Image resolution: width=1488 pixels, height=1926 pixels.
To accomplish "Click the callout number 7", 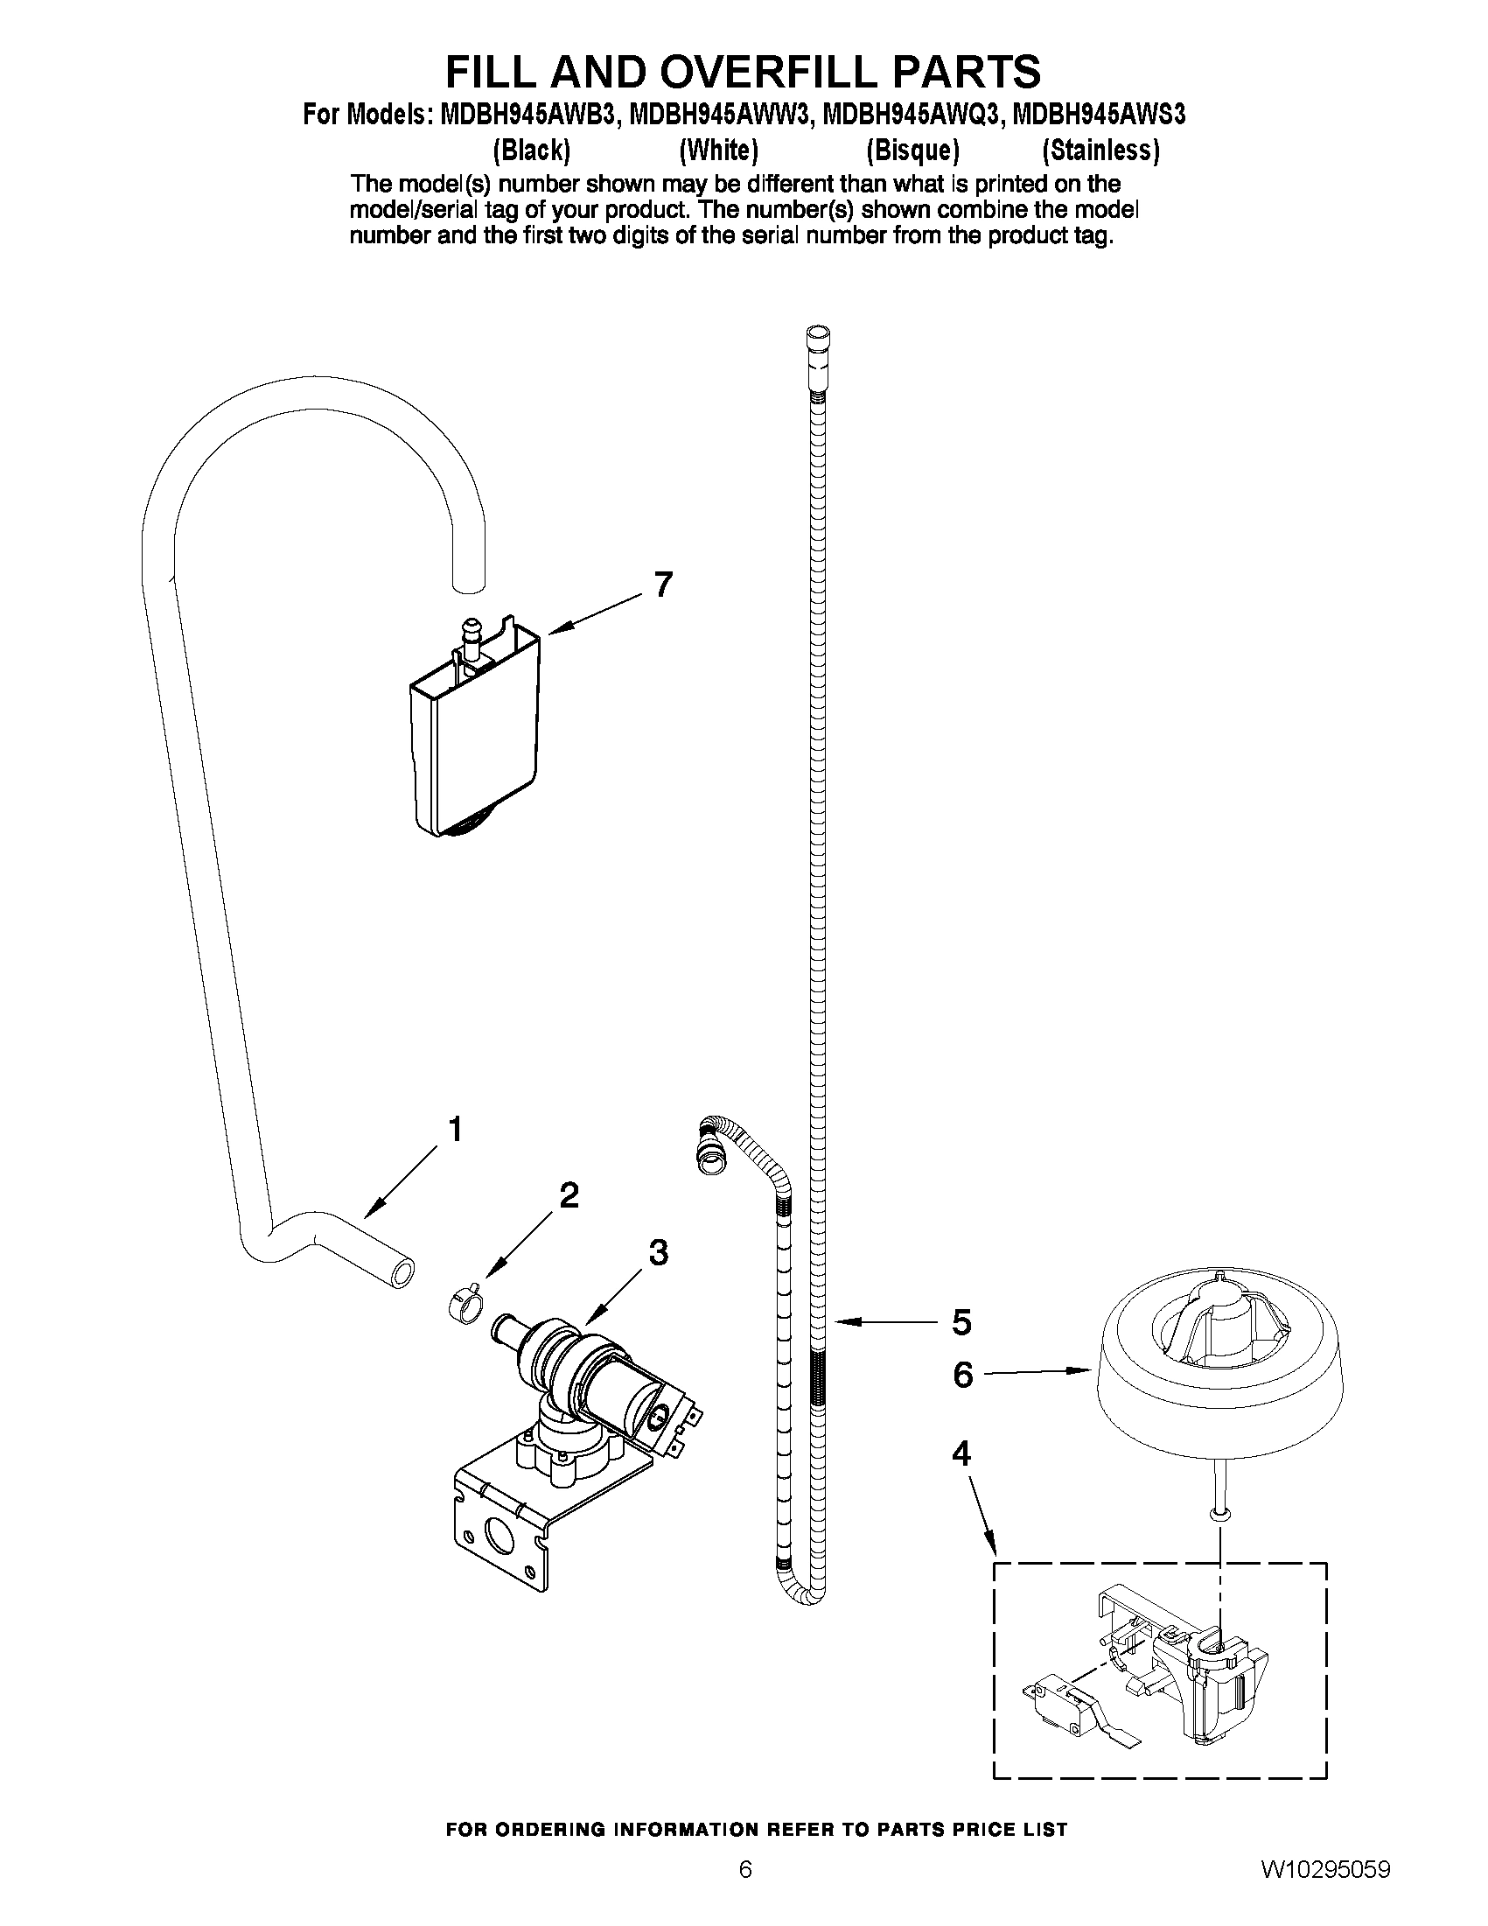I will [x=663, y=585].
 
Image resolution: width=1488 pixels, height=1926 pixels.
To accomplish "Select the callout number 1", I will [x=455, y=1130].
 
